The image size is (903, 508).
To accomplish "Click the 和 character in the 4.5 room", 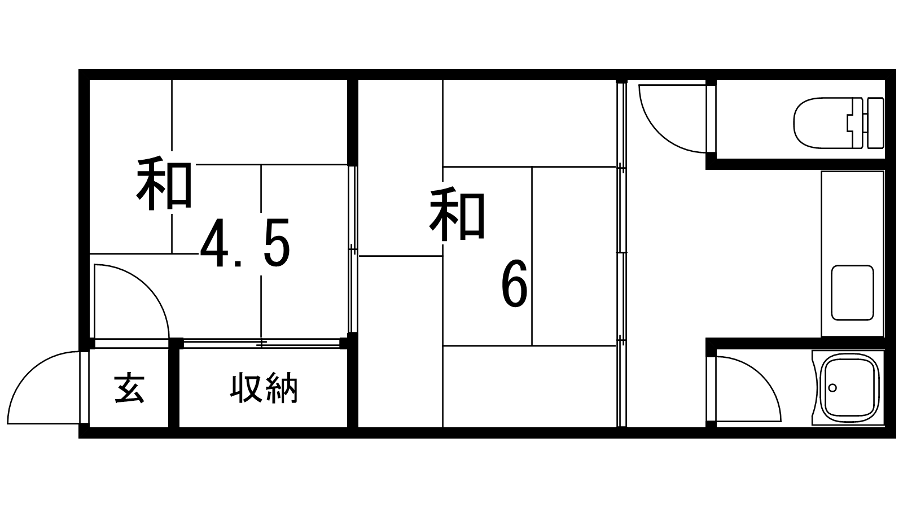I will [x=164, y=185].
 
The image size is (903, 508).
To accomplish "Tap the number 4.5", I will [x=245, y=244].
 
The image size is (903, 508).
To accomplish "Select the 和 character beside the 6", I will [x=457, y=215].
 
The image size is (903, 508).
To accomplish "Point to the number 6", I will [x=514, y=284].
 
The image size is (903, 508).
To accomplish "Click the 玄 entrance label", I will [x=129, y=388].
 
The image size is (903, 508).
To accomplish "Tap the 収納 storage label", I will [x=264, y=388].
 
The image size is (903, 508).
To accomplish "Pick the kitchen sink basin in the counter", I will [x=852, y=292].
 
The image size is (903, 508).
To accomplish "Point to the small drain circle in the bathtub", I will [x=832, y=387].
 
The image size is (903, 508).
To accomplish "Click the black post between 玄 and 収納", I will [x=174, y=387].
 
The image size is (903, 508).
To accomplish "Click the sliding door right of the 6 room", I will [x=621, y=254].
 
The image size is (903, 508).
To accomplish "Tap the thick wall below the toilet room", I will [x=796, y=164].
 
